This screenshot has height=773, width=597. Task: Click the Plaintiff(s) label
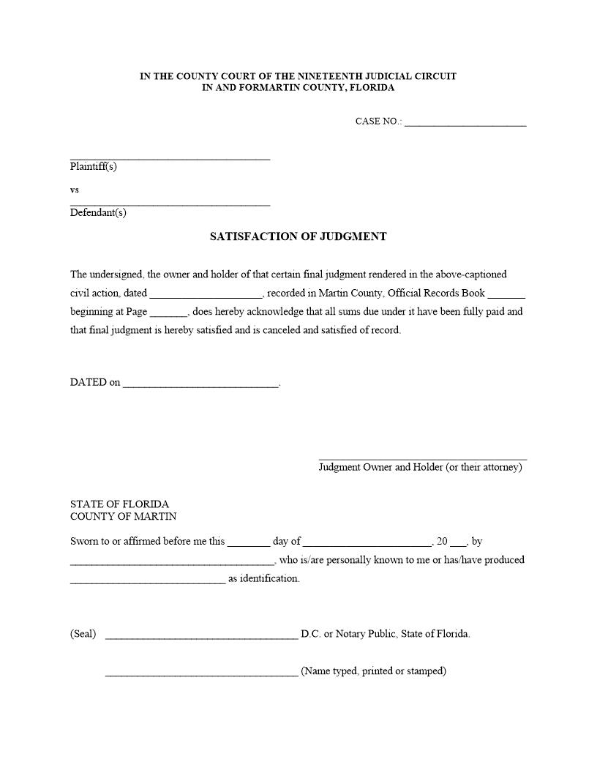point(94,166)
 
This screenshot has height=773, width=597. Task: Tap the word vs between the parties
point(75,190)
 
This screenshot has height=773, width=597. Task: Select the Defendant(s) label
point(98,213)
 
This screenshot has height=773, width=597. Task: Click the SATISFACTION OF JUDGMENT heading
point(298,236)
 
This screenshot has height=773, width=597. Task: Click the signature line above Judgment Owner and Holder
point(422,458)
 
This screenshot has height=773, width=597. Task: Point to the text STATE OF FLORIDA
point(119,504)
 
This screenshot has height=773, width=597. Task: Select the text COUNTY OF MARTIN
point(123,516)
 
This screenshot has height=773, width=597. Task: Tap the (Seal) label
point(83,634)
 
